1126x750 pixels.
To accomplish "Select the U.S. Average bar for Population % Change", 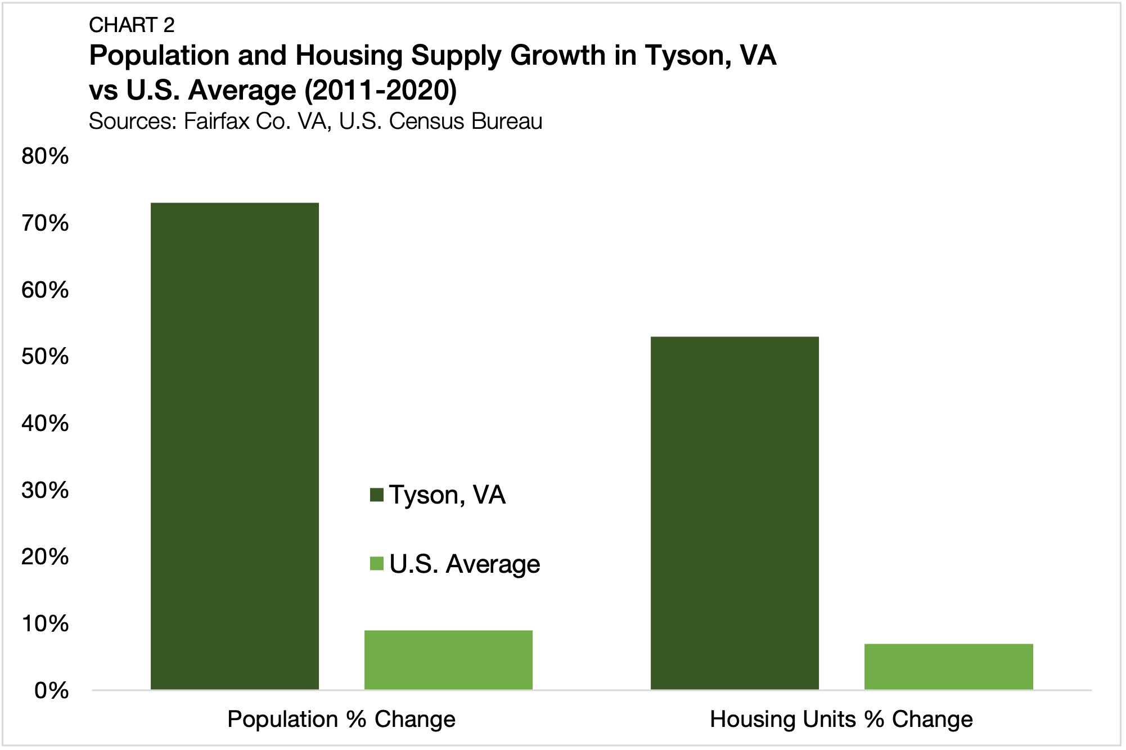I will coord(448,660).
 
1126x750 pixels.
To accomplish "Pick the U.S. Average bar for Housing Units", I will coord(948,667).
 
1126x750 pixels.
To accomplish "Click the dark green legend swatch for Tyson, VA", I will coord(376,495).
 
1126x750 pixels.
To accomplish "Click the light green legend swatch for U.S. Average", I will coord(376,564).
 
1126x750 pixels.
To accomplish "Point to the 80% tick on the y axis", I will coord(45,156).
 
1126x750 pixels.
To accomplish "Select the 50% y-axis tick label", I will coord(45,357).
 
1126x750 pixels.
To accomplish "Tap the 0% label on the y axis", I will coord(51,690).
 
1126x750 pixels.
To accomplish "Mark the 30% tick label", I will coord(45,490).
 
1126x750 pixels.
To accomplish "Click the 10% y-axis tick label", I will coord(45,624).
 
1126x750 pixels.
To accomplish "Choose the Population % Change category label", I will coord(341,720).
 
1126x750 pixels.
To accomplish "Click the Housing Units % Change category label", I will coord(841,720).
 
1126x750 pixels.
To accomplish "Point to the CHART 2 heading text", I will coord(132,25).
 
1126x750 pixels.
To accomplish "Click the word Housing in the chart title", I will coord(354,56).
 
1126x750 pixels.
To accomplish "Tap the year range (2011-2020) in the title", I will coord(380,91).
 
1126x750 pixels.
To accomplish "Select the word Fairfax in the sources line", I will coord(217,122).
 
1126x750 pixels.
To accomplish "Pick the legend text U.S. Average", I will coord(465,564).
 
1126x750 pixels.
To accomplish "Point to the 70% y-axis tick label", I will coord(45,223).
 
